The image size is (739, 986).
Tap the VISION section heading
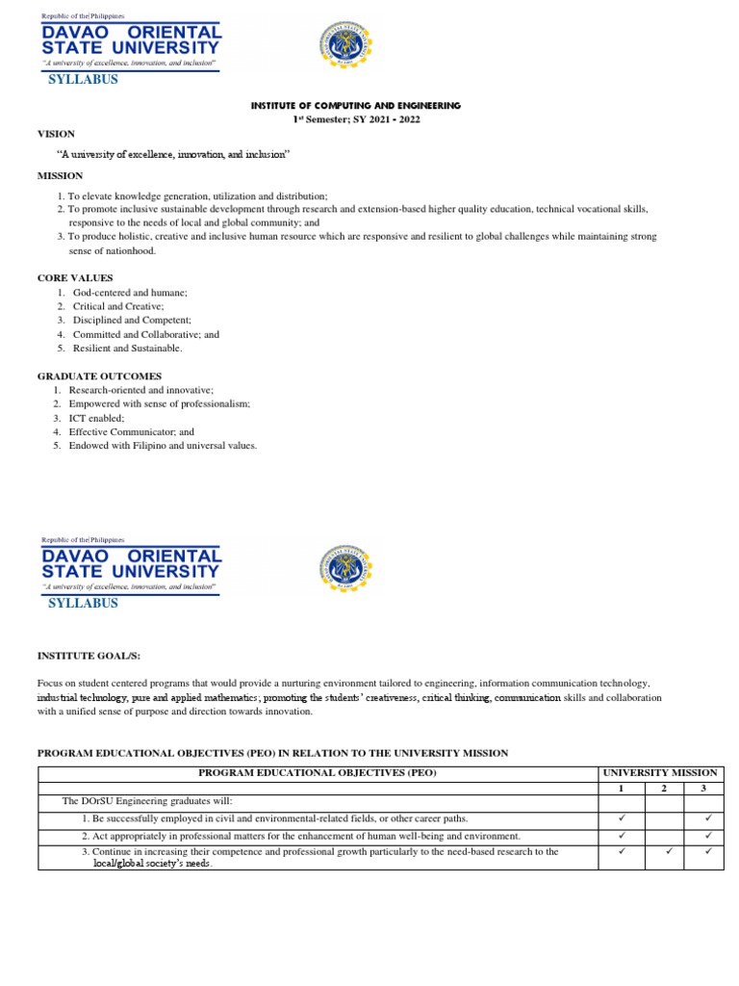click(56, 134)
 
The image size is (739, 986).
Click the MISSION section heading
click(60, 175)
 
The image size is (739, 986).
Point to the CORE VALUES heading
click(75, 277)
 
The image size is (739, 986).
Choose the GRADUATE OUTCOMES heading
click(100, 376)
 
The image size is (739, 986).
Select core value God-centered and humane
click(130, 292)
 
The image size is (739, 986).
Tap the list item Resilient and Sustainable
click(127, 349)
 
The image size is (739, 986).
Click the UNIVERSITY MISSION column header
click(659, 773)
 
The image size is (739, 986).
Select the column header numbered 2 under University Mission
click(664, 788)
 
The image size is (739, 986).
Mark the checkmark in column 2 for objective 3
click(665, 851)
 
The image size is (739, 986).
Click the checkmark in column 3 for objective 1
click(707, 818)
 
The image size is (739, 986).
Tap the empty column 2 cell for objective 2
click(665, 835)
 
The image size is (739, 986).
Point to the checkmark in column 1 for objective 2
click(622, 835)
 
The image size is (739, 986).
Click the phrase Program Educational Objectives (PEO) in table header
click(318, 773)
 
